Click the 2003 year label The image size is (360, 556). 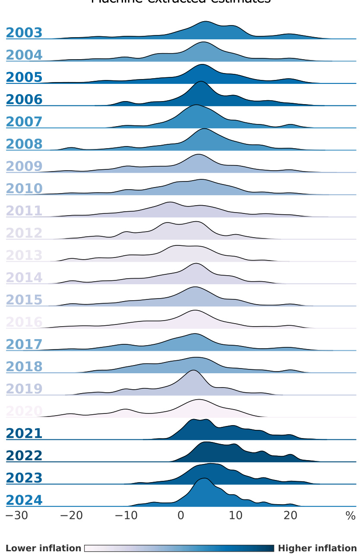(24, 33)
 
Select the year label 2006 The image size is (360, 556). (24, 100)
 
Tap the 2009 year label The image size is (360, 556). (24, 166)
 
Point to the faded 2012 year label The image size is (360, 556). (24, 233)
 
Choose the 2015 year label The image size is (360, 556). (24, 300)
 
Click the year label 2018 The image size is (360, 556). (24, 366)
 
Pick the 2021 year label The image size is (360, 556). (24, 433)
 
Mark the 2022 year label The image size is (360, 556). (24, 455)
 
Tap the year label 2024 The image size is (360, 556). (24, 500)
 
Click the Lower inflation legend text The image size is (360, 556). (43, 548)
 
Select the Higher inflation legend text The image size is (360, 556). (317, 548)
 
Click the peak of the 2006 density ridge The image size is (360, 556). (200, 82)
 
